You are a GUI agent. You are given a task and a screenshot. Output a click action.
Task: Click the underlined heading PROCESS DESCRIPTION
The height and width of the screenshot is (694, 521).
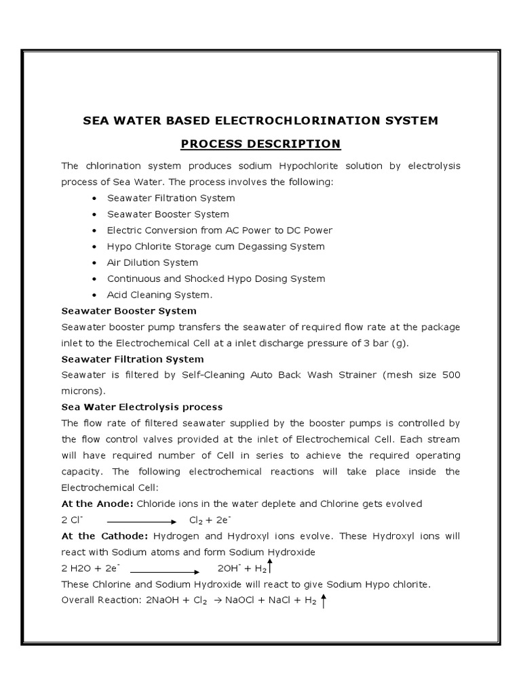[260, 144]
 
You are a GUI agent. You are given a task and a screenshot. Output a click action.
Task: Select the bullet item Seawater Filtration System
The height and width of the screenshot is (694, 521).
[171, 198]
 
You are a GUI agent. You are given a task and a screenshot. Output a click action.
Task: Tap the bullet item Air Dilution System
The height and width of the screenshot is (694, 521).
[153, 262]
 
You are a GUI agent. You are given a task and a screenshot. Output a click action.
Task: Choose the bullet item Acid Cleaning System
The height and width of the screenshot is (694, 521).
[160, 295]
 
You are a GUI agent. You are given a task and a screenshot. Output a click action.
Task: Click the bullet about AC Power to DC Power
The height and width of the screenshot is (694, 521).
[220, 230]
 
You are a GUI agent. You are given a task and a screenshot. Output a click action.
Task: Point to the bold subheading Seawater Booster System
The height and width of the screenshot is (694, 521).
[129, 311]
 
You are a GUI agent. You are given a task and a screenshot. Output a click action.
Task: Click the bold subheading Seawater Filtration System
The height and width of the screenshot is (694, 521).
[132, 359]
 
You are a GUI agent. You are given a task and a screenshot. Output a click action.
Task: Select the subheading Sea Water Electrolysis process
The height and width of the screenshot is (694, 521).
[142, 407]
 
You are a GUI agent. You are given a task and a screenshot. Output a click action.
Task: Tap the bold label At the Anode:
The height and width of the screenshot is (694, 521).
[98, 504]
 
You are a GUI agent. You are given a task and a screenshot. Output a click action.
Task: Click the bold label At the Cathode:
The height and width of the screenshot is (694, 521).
[104, 536]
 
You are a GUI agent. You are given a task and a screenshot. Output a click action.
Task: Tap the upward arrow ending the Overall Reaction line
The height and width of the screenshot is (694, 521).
[324, 600]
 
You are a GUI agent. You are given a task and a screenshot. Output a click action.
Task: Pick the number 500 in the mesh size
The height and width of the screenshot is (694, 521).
[448, 375]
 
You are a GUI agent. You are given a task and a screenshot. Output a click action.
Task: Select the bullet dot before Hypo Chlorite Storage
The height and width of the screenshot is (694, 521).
[94, 247]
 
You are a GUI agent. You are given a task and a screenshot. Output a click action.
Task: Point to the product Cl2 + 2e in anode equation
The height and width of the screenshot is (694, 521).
[210, 520]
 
